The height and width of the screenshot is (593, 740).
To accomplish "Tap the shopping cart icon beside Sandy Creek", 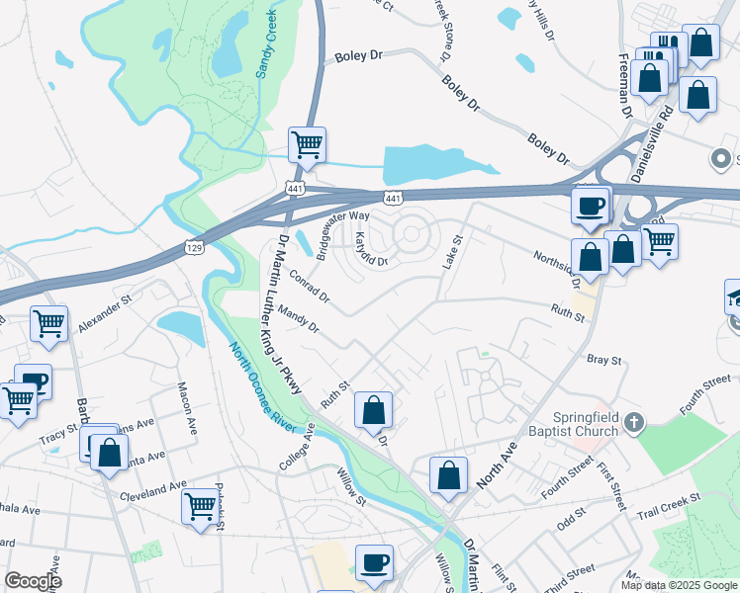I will [x=307, y=144].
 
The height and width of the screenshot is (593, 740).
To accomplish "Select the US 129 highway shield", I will [x=192, y=242].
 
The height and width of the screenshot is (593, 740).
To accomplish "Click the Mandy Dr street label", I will [x=299, y=319].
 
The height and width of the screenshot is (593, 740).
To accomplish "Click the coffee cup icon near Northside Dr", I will [x=592, y=206].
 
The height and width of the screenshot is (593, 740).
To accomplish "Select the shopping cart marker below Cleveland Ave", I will [x=200, y=506].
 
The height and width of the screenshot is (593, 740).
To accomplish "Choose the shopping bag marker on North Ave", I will [x=448, y=474].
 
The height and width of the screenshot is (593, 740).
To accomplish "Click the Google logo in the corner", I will [x=33, y=581].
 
